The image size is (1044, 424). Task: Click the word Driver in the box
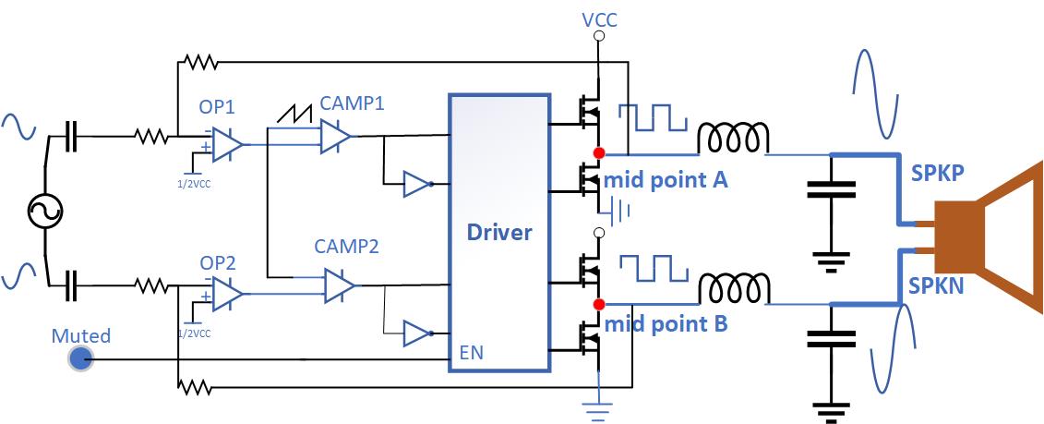[x=499, y=231]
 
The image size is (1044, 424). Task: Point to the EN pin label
[x=472, y=352]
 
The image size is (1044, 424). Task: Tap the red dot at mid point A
[x=599, y=152]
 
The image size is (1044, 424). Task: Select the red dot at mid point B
[x=599, y=304]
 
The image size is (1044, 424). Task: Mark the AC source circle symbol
[x=43, y=212]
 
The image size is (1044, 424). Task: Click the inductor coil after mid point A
[x=733, y=139]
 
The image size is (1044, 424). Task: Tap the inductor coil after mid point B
[x=733, y=289]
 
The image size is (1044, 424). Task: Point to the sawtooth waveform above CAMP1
[x=296, y=113]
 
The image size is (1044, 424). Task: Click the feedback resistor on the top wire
[x=200, y=63]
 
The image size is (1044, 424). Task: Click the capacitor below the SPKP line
[x=831, y=189]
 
